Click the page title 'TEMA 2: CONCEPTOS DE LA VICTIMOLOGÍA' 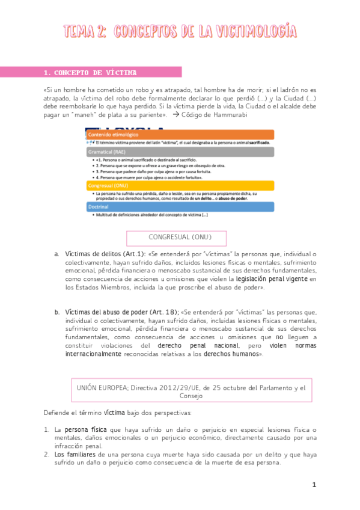(180, 31)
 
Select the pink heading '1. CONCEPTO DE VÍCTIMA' (90, 73)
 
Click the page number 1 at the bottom (314, 485)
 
